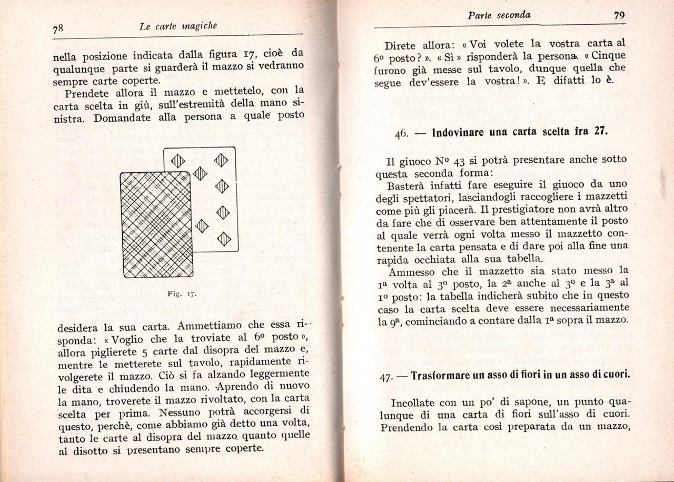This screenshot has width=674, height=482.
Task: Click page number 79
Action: tap(619, 15)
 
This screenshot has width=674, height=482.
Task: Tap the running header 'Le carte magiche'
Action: tap(179, 26)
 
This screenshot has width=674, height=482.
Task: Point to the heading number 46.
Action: tap(401, 133)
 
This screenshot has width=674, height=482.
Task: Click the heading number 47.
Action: tap(386, 377)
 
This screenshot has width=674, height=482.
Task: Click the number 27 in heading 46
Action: tap(601, 132)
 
